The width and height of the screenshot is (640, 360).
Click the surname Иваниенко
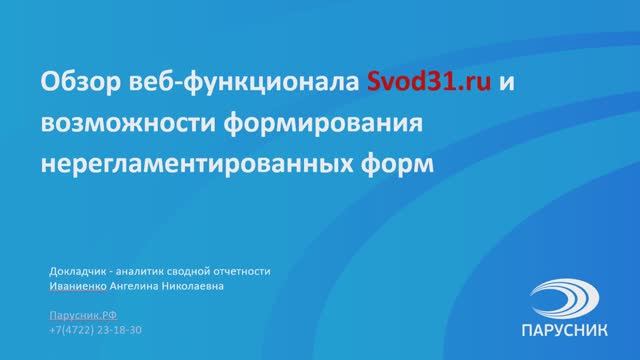point(77,286)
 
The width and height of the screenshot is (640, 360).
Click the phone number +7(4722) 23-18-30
point(95,328)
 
